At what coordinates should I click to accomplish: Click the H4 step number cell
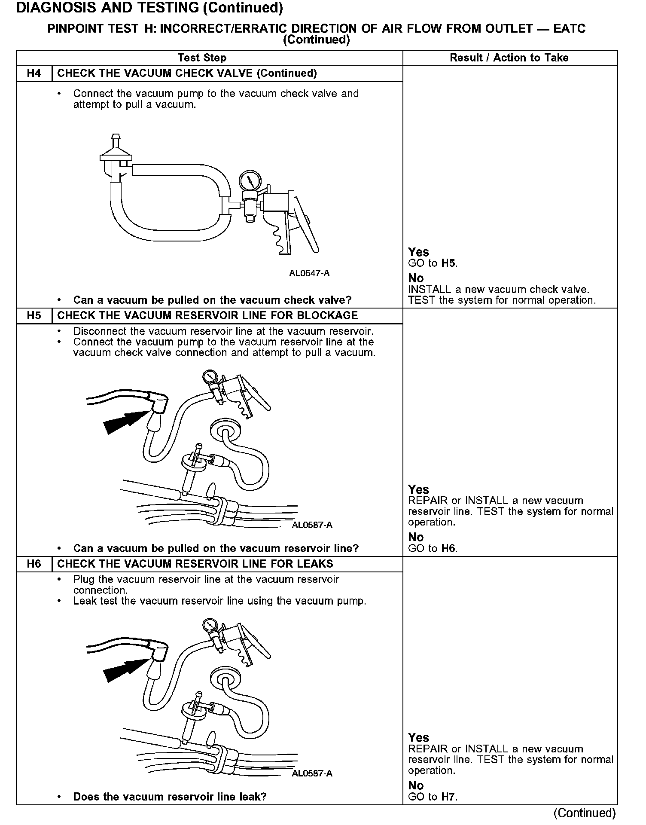click(x=34, y=73)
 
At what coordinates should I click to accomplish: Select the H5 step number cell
click(x=34, y=316)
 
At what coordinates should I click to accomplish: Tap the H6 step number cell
click(x=34, y=564)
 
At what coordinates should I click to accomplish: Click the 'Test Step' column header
click(x=202, y=58)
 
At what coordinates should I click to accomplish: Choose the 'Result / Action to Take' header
click(x=509, y=58)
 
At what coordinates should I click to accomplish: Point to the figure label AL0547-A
click(x=309, y=274)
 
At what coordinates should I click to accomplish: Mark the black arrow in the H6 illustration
click(x=125, y=668)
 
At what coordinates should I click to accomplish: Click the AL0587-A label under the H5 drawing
click(x=312, y=525)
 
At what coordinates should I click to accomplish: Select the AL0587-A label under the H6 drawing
click(x=312, y=773)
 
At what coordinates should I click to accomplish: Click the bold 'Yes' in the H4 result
click(x=419, y=252)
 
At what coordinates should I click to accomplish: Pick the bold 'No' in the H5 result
click(x=416, y=537)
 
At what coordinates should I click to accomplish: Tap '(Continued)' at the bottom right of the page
click(x=585, y=813)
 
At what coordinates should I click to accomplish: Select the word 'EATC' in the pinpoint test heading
click(x=570, y=29)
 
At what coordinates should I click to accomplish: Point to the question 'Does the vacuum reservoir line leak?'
click(x=170, y=797)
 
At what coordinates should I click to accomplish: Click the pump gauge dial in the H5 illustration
click(x=210, y=376)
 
